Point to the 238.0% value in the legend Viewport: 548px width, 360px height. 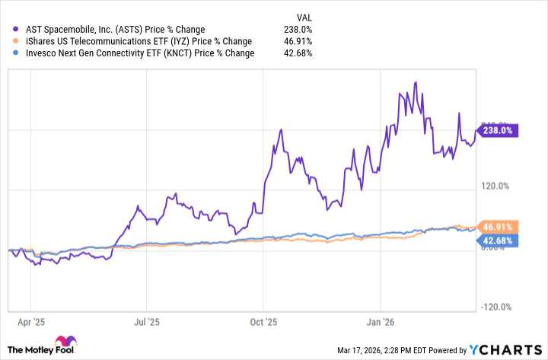(297, 30)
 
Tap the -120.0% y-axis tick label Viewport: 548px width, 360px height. (495, 307)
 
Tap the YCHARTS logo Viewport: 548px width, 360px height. (504, 349)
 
